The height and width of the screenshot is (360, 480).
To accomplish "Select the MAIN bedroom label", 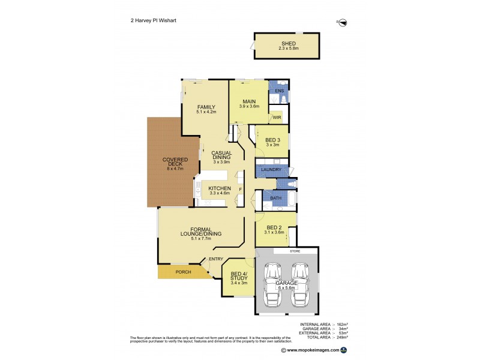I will (249, 101).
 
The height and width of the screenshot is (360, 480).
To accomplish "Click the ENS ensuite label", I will (278, 91).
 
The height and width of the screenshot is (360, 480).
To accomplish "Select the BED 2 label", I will (274, 227).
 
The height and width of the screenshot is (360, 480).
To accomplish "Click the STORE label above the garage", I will (293, 251).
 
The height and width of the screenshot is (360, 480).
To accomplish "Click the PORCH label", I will (183, 272).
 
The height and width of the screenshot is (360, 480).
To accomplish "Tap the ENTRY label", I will (216, 259).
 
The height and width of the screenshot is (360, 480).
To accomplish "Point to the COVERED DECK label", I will (175, 162).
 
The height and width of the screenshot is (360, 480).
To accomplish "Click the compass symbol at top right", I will (343, 23).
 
